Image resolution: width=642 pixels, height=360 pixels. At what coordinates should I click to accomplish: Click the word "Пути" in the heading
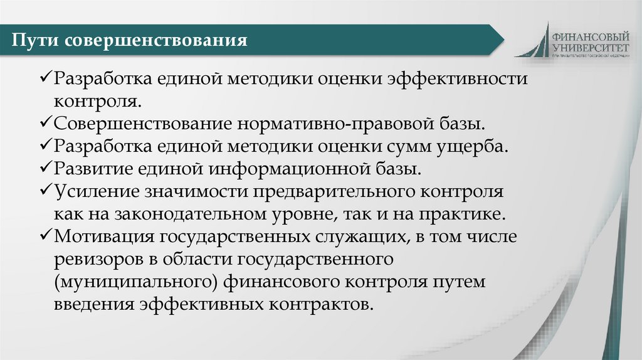pyautogui.click(x=34, y=41)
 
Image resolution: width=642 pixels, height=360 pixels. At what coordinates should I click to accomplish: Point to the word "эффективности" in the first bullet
pyautogui.click(x=458, y=80)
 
